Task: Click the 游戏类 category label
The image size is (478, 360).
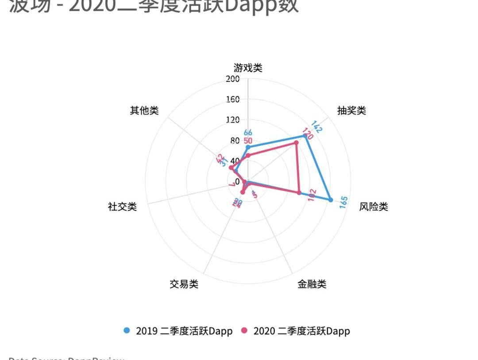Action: click(248, 68)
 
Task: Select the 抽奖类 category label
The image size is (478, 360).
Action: click(351, 111)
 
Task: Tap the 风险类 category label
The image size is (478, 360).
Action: click(374, 207)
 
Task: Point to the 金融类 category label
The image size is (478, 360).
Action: click(312, 284)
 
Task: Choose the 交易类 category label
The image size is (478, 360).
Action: click(184, 284)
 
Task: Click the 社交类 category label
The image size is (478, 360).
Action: click(122, 207)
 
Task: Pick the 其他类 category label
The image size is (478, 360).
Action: click(144, 111)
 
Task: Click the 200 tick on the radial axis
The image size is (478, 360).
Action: click(232, 79)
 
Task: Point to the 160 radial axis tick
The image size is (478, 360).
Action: click(232, 100)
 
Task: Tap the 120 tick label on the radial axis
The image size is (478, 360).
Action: click(232, 120)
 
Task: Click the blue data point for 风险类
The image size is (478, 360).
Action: click(331, 200)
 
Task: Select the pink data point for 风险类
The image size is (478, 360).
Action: click(299, 192)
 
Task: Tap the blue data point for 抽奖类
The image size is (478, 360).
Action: click(305, 136)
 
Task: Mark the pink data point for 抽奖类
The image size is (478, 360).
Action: click(296, 143)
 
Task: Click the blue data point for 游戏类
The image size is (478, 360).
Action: click(248, 147)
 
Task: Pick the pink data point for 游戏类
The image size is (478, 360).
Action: click(248, 155)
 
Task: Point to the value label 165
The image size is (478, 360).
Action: click(343, 202)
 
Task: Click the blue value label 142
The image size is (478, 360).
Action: click(317, 127)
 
